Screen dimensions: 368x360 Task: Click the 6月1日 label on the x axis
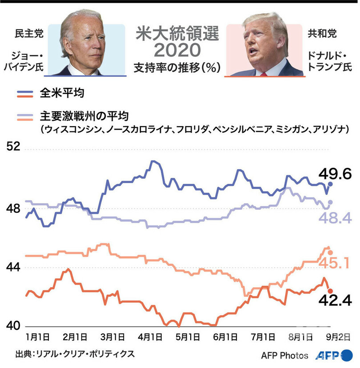click(x=226, y=336)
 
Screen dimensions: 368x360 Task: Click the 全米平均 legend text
click(x=63, y=94)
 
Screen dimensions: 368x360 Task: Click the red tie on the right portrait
click(x=263, y=74)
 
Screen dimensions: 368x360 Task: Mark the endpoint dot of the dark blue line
click(x=330, y=184)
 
